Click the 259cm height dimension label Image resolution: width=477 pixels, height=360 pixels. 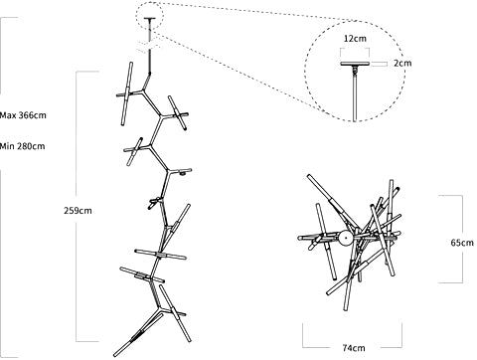(x=78, y=211)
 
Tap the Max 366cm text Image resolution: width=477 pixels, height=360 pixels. (x=23, y=115)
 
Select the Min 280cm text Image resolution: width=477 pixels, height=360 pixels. (x=22, y=146)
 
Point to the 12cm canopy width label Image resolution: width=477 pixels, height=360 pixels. (x=355, y=39)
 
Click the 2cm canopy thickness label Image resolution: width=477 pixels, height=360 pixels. (x=402, y=63)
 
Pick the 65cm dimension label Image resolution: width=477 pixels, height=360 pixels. (x=462, y=243)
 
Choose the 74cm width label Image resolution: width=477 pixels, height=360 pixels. (x=354, y=348)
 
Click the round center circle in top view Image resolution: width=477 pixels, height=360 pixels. (x=346, y=238)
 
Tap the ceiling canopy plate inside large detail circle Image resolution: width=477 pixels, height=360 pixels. (x=355, y=64)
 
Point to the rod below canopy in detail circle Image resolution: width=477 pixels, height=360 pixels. (x=355, y=97)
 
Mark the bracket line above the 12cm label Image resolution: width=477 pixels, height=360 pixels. (x=355, y=49)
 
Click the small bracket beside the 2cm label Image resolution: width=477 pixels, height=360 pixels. (x=379, y=64)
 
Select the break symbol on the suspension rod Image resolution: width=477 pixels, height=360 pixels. (x=149, y=47)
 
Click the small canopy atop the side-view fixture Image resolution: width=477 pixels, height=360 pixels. (x=150, y=19)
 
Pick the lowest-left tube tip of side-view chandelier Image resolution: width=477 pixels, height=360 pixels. (x=115, y=354)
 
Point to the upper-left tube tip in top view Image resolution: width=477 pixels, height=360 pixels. (x=309, y=176)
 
